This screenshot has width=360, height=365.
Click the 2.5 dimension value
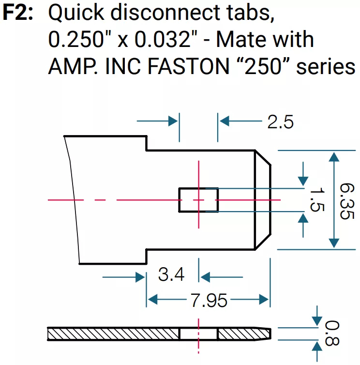click(280, 122)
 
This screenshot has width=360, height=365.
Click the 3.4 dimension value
click(171, 274)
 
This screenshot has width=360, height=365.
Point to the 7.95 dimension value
click(209, 300)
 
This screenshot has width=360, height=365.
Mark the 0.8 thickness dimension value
click(333, 333)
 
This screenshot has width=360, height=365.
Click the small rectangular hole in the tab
click(198, 200)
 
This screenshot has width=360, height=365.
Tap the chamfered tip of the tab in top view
click(263, 200)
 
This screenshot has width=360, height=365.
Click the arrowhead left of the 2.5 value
click(223, 121)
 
